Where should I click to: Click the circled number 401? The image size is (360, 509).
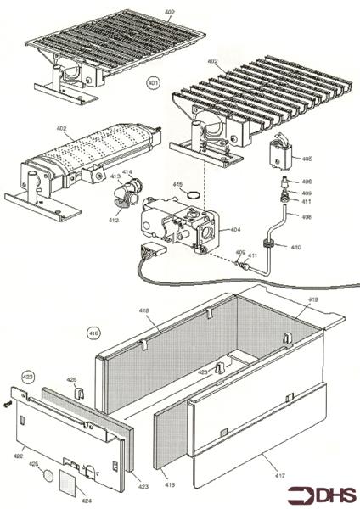tap(153, 83)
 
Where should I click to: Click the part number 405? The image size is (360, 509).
tap(307, 159)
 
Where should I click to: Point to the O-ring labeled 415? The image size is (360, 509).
tap(196, 194)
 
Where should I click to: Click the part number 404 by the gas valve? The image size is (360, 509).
tap(235, 230)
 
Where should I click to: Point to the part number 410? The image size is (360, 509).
tap(295, 247)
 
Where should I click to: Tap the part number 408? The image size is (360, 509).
tap(307, 217)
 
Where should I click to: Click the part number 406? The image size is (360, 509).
tap(307, 182)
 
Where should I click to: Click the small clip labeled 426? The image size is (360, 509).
tap(77, 393)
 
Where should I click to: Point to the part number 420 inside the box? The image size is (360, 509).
tap(203, 372)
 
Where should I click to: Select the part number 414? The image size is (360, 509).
tap(127, 173)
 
